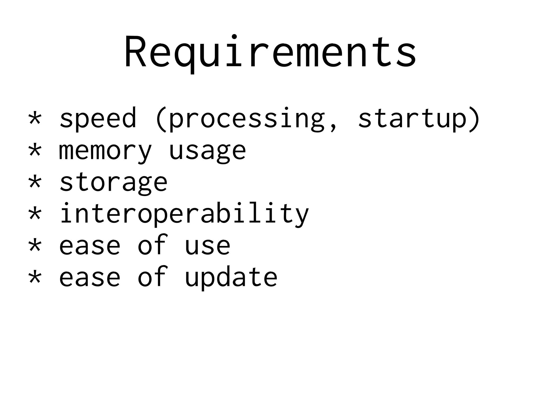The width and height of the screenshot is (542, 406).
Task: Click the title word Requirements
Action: (270, 53)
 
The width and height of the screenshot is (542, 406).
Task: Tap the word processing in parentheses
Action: (246, 119)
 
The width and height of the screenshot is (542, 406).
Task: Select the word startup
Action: (412, 119)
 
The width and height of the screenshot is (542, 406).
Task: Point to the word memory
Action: (105, 151)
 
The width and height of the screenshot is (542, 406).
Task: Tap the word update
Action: (231, 278)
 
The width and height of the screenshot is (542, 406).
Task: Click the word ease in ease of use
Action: (90, 246)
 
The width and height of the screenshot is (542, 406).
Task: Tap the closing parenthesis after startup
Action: (474, 119)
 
